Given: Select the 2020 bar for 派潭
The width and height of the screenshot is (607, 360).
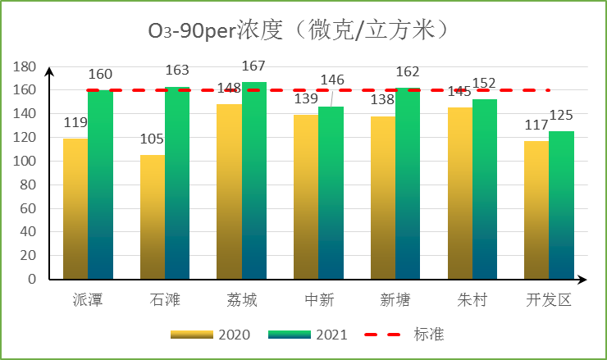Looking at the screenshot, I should (x=75, y=208).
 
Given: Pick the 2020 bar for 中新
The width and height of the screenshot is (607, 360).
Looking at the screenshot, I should (x=306, y=197).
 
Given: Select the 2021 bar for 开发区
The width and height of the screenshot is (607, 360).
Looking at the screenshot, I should (x=561, y=205).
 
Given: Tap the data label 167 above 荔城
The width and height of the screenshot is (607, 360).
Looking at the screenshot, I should (x=254, y=65).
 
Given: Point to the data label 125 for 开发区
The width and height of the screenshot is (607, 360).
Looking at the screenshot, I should (x=561, y=115).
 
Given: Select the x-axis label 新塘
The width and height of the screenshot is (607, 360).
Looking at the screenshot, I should (x=395, y=300).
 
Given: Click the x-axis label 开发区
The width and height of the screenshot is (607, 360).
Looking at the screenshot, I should (x=548, y=300).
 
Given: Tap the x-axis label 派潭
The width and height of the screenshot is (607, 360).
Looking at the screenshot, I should (x=88, y=300).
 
